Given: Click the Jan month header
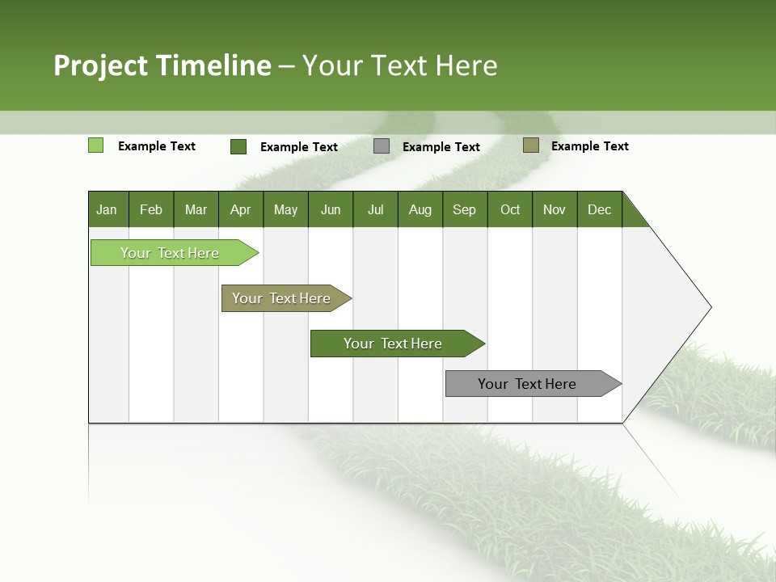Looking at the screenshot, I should [x=108, y=209].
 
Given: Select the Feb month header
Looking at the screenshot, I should [x=151, y=209].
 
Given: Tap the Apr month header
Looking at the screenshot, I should [x=241, y=209].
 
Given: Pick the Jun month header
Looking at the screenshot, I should [x=331, y=209].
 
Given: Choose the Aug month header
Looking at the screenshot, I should [x=420, y=209].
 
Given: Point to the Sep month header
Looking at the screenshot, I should [x=465, y=209].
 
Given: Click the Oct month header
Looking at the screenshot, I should [x=510, y=209].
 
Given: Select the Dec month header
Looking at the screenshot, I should [x=600, y=209].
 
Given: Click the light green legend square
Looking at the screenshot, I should [x=95, y=145].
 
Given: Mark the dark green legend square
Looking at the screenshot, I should [x=238, y=146].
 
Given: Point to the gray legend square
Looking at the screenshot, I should [x=382, y=146].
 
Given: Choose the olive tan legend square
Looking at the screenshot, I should [x=530, y=145].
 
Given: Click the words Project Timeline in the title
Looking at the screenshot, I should [x=162, y=65].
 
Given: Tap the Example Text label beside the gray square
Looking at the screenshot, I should [x=441, y=147].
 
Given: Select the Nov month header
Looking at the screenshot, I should [x=555, y=209].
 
